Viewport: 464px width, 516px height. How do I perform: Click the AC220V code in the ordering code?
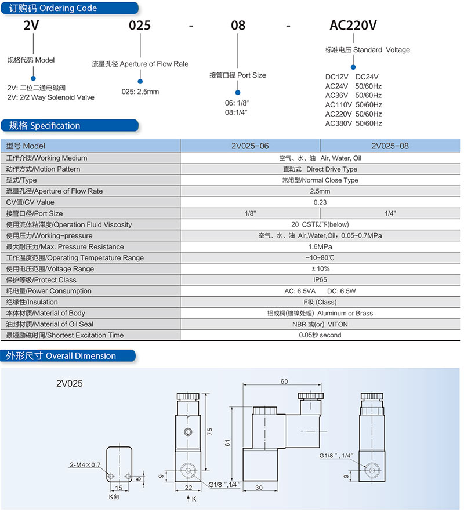click(x=353, y=25)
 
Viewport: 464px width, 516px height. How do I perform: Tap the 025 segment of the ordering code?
click(x=140, y=26)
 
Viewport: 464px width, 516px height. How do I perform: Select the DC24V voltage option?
click(x=367, y=77)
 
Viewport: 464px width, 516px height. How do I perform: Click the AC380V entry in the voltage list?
click(x=339, y=123)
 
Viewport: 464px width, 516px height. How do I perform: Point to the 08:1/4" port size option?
click(x=236, y=112)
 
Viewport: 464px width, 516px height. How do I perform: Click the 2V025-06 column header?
click(x=250, y=146)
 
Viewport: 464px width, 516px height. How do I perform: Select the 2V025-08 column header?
click(x=390, y=146)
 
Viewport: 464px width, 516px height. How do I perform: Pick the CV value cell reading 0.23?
click(x=320, y=202)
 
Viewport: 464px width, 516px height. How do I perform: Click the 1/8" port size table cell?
click(x=251, y=213)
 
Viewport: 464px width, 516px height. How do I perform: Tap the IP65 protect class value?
click(x=320, y=279)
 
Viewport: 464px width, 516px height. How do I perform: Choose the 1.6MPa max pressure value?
click(x=320, y=246)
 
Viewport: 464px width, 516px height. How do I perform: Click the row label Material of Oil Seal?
click(x=50, y=324)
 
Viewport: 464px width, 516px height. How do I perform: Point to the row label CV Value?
click(x=30, y=202)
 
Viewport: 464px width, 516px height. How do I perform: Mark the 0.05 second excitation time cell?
click(x=320, y=335)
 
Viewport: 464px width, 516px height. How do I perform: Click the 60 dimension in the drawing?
click(x=284, y=381)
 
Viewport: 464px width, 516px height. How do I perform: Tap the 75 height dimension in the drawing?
click(x=210, y=431)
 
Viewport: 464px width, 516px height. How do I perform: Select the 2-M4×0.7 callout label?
click(x=85, y=464)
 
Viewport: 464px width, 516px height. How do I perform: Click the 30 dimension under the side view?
click(x=259, y=488)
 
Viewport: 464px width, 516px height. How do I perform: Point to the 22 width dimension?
click(x=188, y=488)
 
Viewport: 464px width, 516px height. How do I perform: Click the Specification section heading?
click(x=45, y=125)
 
